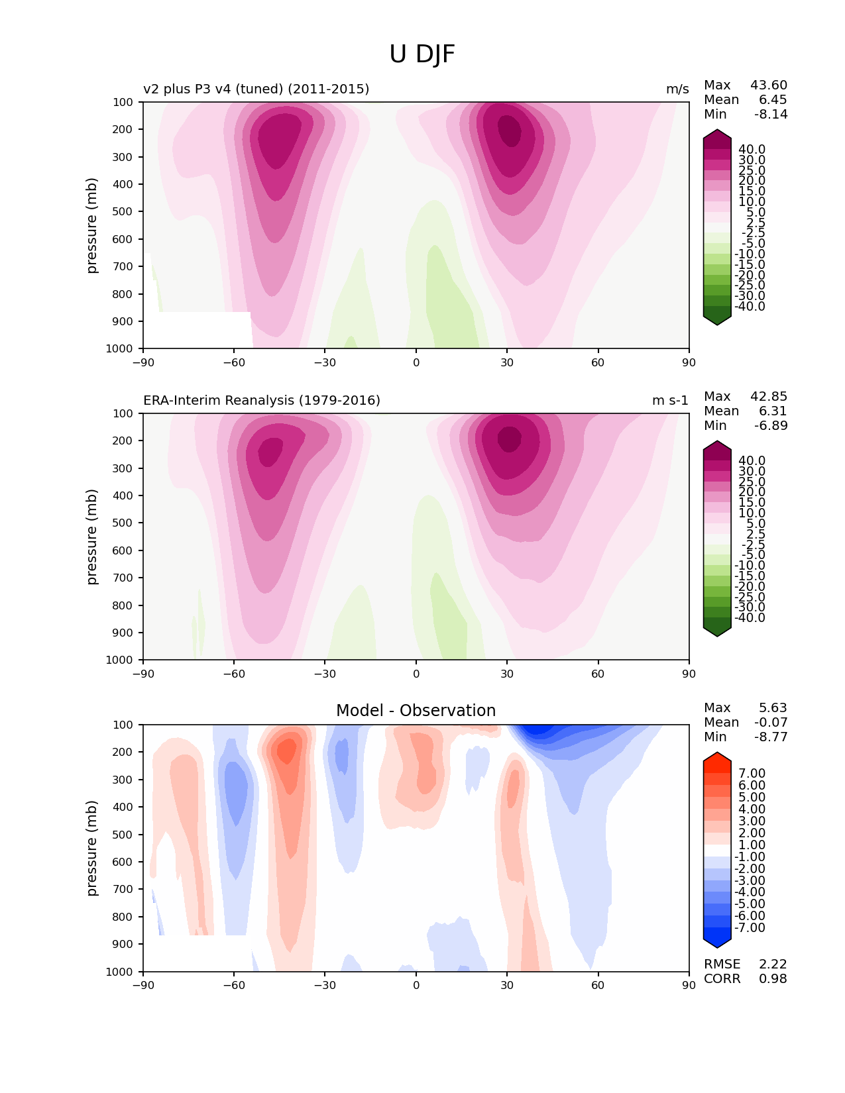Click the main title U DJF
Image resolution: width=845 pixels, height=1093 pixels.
pyautogui.click(x=422, y=54)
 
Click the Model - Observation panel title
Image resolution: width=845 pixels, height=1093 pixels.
pyautogui.click(x=416, y=711)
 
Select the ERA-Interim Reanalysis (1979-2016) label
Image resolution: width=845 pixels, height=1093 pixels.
pyautogui.click(x=262, y=400)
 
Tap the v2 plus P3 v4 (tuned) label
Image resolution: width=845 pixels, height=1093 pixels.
pyautogui.click(x=256, y=89)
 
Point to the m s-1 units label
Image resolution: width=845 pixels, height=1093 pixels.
pyautogui.click(x=670, y=400)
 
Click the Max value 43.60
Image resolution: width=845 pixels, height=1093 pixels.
pyautogui.click(x=769, y=85)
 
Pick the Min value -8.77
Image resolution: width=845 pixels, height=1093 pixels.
pyautogui.click(x=771, y=737)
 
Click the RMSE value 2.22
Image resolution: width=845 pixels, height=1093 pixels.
pyautogui.click(x=773, y=964)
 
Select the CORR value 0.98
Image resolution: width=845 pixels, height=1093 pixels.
pyautogui.click(x=773, y=979)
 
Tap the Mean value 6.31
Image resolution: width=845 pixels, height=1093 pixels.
pyautogui.click(x=773, y=411)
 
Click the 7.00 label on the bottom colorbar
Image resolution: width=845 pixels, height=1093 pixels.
pyautogui.click(x=752, y=774)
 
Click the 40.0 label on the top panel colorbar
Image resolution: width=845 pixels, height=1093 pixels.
pyautogui.click(x=752, y=150)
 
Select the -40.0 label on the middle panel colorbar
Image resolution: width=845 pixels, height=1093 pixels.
pyautogui.click(x=750, y=618)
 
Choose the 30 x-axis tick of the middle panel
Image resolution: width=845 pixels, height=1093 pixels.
pyautogui.click(x=507, y=674)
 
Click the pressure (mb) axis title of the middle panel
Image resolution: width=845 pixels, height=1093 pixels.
pyautogui.click(x=92, y=537)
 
